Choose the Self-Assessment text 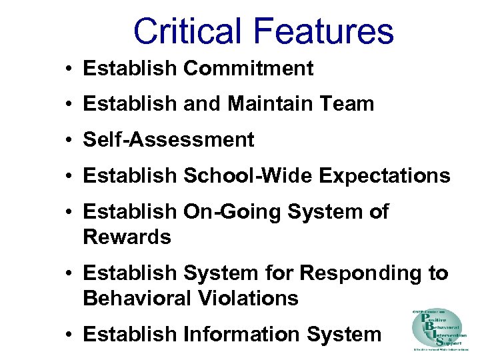click(168, 139)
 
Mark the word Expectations click(385, 176)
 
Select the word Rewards click(127, 237)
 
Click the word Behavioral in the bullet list click(137, 298)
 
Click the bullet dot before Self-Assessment click(69, 140)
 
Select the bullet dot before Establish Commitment click(69, 68)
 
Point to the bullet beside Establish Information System click(69, 335)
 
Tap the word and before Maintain click(201, 103)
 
